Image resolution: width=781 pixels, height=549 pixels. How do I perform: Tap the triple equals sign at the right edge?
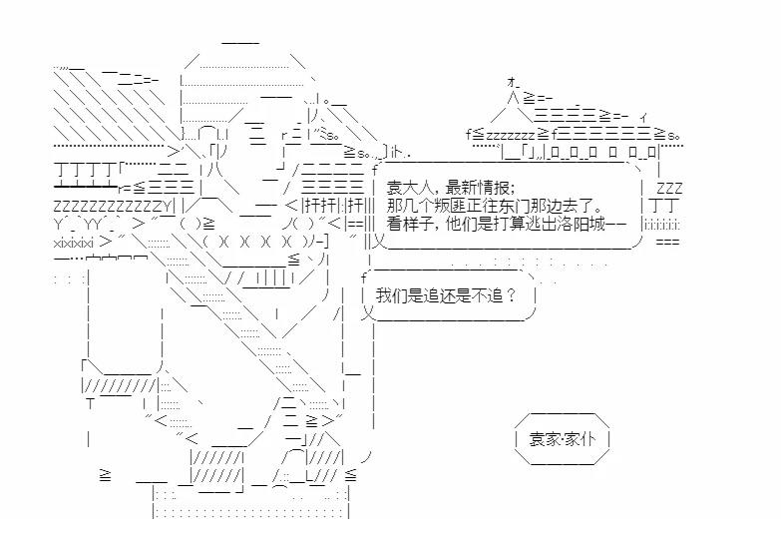coord(668,242)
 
